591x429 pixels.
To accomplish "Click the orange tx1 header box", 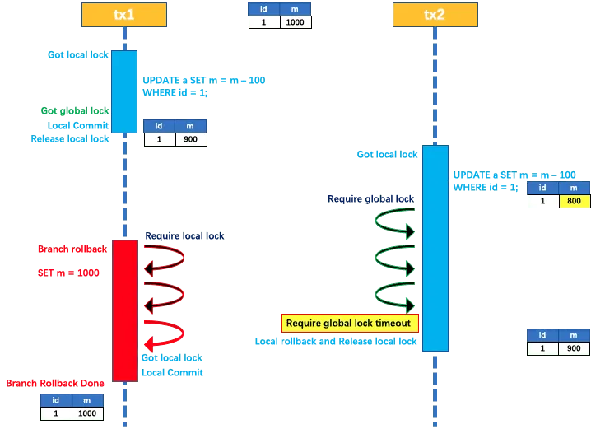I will (124, 14).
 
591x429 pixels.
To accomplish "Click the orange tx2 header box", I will (435, 14).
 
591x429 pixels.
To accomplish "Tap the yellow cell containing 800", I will (574, 201).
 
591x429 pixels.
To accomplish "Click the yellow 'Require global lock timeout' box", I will (350, 323).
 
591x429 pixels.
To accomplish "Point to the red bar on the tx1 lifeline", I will (124, 310).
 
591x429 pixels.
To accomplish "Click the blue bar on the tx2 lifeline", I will (435, 248).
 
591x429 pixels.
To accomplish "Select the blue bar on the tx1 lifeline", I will (124, 91).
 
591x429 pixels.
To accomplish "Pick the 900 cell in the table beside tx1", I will (190, 140).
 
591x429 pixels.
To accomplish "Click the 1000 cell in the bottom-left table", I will (87, 413).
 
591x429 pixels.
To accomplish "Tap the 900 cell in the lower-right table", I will (574, 349).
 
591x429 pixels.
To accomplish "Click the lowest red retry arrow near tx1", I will (164, 333).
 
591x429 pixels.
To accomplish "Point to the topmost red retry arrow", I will (164, 258).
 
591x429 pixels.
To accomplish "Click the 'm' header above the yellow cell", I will (574, 188).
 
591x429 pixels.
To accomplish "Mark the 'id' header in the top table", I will (264, 10).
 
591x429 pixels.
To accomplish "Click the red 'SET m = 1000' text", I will (69, 272).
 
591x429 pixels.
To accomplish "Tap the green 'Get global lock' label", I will (74, 110).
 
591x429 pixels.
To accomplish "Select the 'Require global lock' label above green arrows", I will (370, 198).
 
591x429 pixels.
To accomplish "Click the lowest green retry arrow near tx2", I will (395, 293).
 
